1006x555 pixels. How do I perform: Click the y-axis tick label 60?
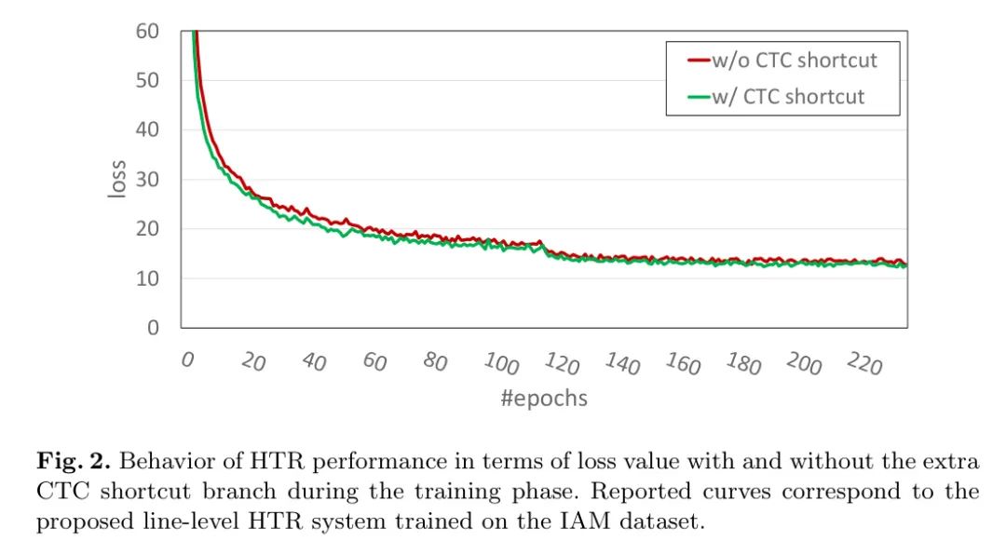coord(147,31)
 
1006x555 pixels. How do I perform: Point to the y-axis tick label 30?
coord(147,179)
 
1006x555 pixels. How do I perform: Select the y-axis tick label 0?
coord(153,327)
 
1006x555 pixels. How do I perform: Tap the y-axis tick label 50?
coord(147,80)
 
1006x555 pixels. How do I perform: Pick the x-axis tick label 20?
coord(252,361)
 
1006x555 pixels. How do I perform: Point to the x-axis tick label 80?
coord(435,361)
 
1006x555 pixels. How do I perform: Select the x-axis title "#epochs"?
coord(544,399)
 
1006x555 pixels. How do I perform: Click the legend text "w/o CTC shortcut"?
coord(795,61)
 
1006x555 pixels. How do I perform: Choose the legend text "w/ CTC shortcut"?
coord(788,96)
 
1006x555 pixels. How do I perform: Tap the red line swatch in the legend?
coord(700,61)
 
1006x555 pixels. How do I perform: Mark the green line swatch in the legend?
coord(700,96)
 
